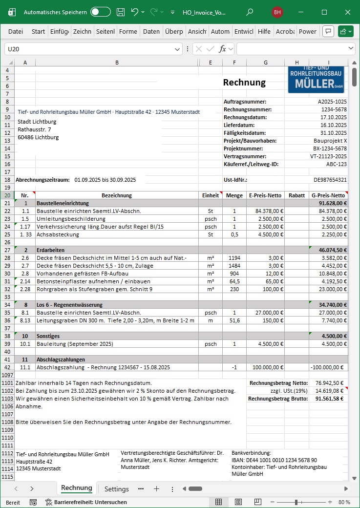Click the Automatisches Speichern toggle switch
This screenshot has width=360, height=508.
(101, 12)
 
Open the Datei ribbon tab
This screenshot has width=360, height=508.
(16, 31)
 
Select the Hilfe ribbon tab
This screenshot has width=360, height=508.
(264, 31)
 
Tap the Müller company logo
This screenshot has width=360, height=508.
(316, 79)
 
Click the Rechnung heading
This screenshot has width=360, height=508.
(244, 83)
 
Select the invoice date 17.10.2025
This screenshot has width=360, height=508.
(334, 117)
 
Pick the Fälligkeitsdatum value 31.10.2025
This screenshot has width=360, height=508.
(334, 133)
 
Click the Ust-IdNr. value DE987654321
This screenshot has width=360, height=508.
(330, 180)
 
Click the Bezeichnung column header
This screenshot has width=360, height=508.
(117, 195)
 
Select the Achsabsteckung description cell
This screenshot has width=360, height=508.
(57, 234)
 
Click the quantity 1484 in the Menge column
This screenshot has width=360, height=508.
(234, 266)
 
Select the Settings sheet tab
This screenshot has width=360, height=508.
(117, 489)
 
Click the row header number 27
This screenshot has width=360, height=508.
(7, 250)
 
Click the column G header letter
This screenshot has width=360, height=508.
(265, 63)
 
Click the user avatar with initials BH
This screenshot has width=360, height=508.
(277, 12)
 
